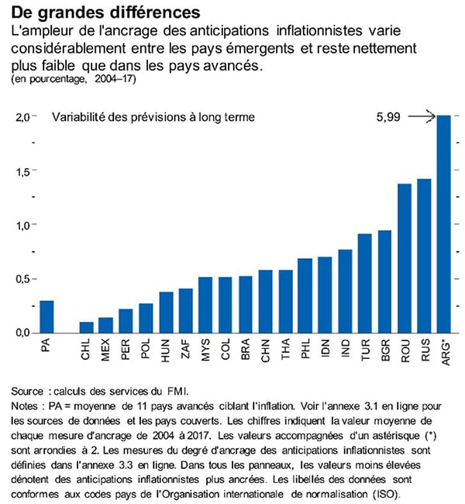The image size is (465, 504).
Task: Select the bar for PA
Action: tap(46, 316)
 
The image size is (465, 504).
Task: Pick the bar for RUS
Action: tap(424, 255)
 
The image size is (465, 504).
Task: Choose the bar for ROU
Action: tap(404, 258)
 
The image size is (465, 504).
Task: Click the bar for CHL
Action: tap(86, 327)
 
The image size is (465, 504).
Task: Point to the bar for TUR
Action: tap(364, 283)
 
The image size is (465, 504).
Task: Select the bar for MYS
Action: tap(205, 305)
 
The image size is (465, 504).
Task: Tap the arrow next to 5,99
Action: tap(421, 117)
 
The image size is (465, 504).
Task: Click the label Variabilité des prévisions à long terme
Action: tap(153, 118)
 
